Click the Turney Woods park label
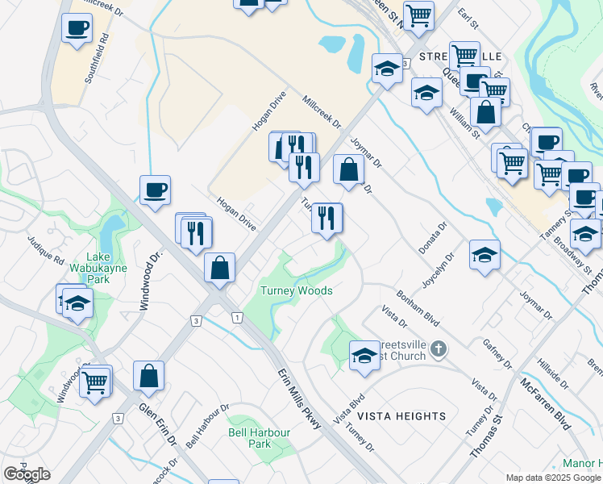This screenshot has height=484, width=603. tap(296, 290)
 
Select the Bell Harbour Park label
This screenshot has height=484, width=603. tap(259, 438)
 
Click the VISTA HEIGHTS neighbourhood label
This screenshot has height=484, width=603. tap(401, 416)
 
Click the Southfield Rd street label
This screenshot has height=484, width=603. tap(95, 59)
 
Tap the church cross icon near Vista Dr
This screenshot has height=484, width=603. tap(438, 348)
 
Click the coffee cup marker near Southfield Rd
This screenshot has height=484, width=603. tap(77, 28)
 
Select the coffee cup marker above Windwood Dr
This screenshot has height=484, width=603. tap(155, 191)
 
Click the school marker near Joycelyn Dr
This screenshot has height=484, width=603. tap(484, 255)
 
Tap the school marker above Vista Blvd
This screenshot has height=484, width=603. tap(364, 355)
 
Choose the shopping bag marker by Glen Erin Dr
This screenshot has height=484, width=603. tap(148, 375)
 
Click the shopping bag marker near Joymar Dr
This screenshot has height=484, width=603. tap(348, 170)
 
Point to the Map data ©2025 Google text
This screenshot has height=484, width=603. tap(553, 478)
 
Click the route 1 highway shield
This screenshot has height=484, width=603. tap(237, 318)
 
